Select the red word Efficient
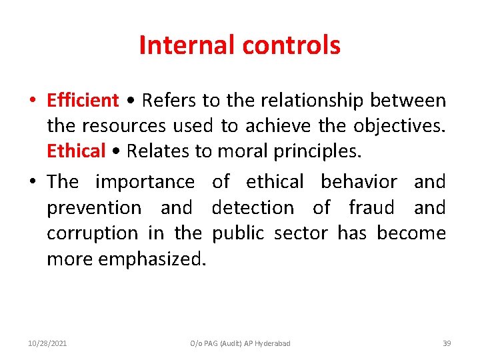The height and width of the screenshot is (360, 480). tap(83, 101)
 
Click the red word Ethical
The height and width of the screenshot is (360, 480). tap(77, 151)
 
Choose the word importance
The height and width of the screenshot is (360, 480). tap(145, 182)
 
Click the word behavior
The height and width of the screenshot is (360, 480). tap(359, 182)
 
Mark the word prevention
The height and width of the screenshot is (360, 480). tap(94, 208)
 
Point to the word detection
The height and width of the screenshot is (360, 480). tap(253, 208)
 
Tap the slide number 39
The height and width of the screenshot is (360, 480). tap(447, 343)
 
